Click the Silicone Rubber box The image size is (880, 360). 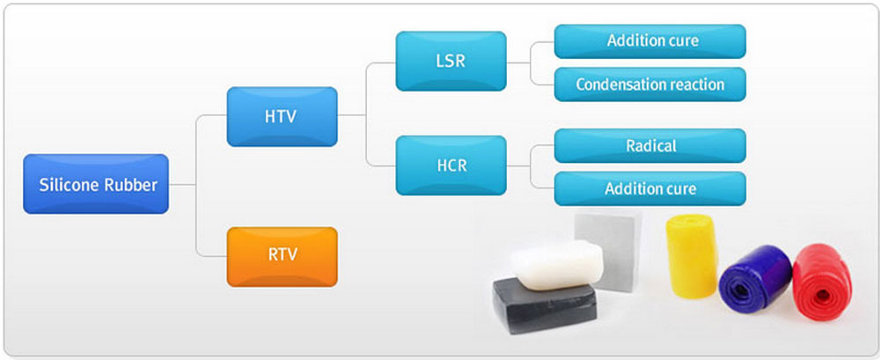[x=96, y=184]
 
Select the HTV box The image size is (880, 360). [x=282, y=117]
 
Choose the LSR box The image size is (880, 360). [x=451, y=62]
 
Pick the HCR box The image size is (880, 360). [x=451, y=165]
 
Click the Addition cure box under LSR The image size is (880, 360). [x=650, y=41]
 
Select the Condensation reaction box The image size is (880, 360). [x=650, y=84]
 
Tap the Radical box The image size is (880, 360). [x=650, y=146]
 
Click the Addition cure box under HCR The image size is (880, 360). [x=650, y=188]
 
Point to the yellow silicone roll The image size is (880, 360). [x=692, y=248]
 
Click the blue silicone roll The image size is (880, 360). [x=755, y=276]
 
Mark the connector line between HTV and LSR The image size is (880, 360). [x=366, y=89]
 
